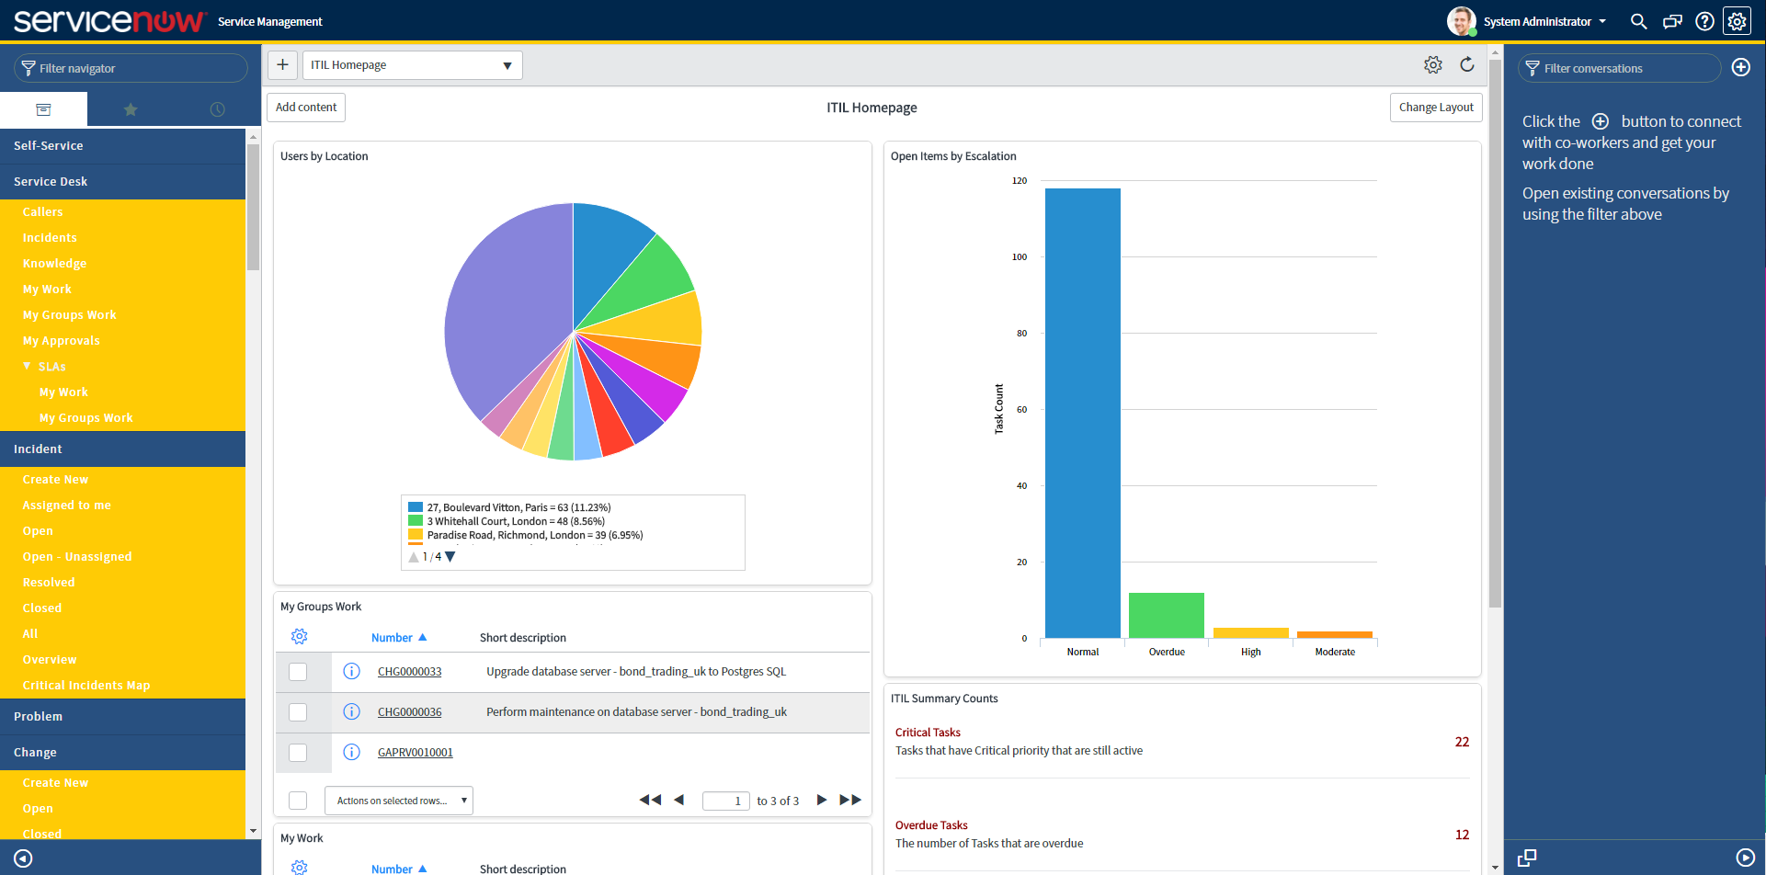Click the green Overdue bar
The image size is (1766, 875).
coord(1166,615)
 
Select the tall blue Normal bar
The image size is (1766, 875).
coord(1082,414)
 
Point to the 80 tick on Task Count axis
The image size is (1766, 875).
coord(1021,334)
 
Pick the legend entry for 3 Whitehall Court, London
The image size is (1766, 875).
coord(515,521)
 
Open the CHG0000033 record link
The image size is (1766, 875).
coord(409,672)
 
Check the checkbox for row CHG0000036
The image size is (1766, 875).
coord(298,712)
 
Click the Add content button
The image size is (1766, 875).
coord(306,108)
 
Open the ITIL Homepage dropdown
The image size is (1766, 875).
coord(412,65)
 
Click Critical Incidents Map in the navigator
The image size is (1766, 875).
coord(86,686)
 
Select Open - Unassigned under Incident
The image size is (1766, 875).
coord(77,557)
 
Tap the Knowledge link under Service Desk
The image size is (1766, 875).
coord(54,264)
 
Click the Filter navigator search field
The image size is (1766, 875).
coord(131,68)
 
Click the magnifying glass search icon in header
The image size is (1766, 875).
coord(1638,21)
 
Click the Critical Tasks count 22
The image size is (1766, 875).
coord(1462,742)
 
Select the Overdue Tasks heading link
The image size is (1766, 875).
coord(931,825)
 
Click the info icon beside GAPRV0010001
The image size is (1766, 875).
coord(351,752)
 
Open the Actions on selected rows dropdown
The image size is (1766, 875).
coord(399,801)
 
